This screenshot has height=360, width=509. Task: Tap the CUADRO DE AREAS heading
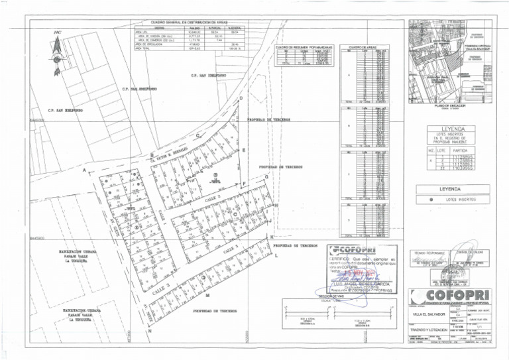(363, 48)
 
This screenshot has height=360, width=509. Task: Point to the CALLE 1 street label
(231, 250)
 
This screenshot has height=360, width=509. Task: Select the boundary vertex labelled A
(84, 170)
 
